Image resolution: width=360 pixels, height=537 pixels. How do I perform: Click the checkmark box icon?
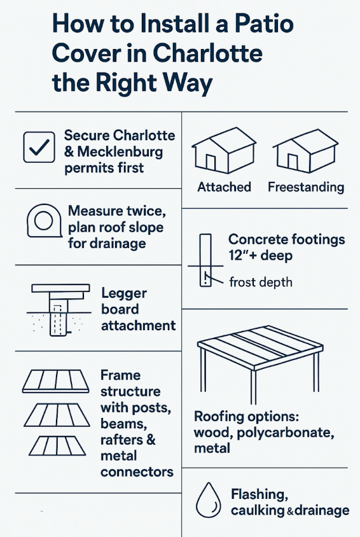point(39,147)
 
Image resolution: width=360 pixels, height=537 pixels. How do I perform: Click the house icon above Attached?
point(216,153)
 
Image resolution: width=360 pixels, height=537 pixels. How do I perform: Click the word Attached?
point(224,187)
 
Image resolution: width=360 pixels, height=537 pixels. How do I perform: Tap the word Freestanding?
point(305,187)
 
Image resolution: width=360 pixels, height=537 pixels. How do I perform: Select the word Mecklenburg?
point(121,152)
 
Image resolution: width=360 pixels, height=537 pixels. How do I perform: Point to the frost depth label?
point(260,281)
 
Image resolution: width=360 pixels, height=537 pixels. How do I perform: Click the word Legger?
point(123,293)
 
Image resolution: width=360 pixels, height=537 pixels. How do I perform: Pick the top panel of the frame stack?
point(56,380)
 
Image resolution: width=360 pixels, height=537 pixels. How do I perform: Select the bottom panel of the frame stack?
point(56,445)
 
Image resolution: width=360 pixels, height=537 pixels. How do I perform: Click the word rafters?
point(121,440)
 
